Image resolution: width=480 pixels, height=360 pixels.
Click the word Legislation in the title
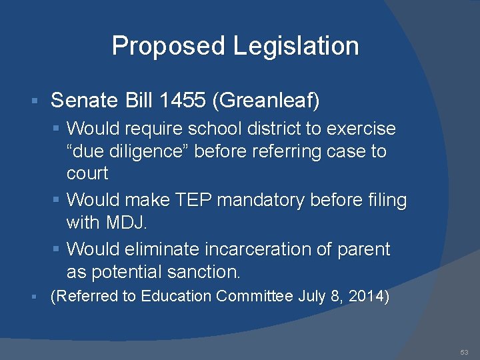(296, 46)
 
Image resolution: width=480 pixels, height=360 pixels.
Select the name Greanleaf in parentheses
(267, 101)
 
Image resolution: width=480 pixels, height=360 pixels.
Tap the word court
(87, 173)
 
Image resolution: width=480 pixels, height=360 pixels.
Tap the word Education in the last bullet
(182, 296)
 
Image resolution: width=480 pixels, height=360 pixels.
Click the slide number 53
(464, 351)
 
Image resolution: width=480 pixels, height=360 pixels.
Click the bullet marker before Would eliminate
(58, 249)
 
